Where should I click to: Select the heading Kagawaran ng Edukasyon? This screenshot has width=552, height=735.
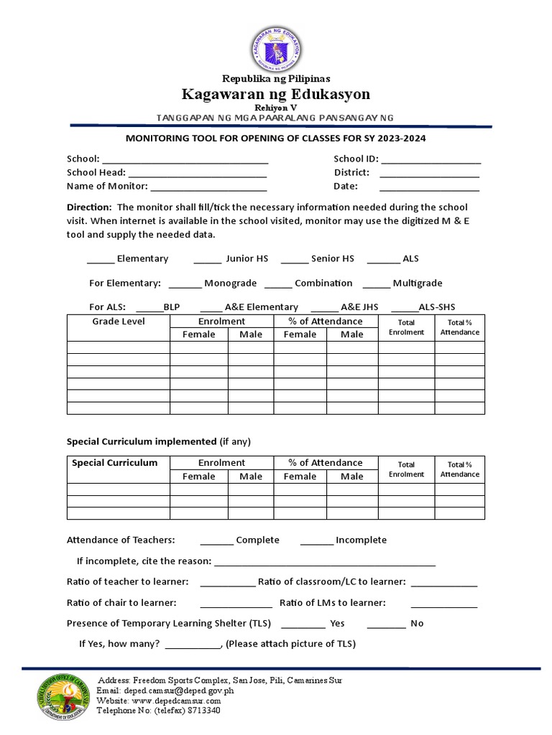276,94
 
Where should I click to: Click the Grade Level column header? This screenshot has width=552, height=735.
119,322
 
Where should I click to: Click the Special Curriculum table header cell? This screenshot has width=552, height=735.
114,463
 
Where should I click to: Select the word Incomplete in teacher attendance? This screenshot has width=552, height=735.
361,540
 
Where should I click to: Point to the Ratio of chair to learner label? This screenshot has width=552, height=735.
121,602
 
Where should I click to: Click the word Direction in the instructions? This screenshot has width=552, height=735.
89,207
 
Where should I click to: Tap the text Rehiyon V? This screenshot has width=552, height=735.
276,107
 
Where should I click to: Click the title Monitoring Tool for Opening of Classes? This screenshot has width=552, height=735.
276,138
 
